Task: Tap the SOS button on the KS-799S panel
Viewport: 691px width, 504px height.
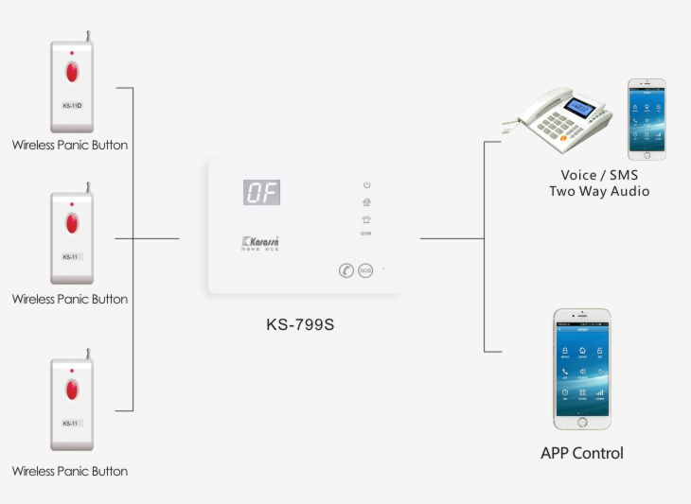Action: tap(365, 270)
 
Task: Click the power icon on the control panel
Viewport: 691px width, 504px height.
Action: tap(366, 185)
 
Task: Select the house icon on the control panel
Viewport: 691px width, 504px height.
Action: tap(366, 201)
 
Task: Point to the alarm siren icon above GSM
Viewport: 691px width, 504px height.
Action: tap(366, 219)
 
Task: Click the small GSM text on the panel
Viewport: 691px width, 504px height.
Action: tap(365, 233)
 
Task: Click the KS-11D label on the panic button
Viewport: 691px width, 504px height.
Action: tap(73, 105)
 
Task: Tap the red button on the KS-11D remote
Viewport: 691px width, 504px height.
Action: tap(72, 71)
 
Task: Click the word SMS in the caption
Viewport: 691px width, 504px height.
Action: tap(623, 175)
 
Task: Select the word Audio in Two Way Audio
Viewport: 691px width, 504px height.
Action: tap(630, 191)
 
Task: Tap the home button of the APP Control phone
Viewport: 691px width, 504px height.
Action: tap(582, 422)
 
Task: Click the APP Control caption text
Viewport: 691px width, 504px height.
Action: tap(581, 453)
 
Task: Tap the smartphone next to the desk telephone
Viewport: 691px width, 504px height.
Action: tap(647, 119)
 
